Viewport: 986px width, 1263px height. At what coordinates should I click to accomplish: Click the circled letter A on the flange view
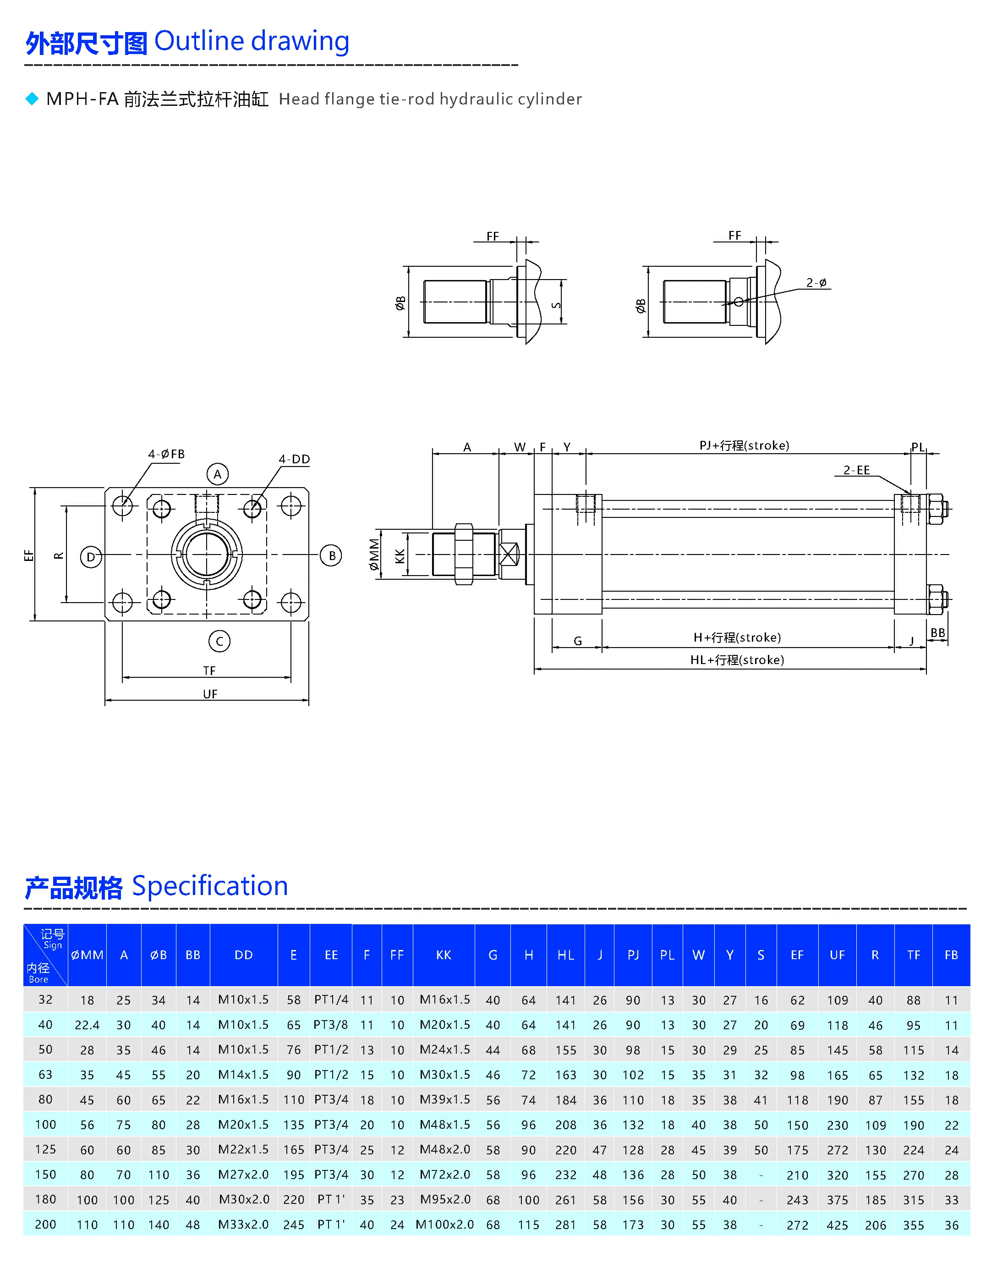[x=218, y=474]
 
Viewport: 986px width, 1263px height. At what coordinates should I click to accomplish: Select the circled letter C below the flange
[x=219, y=641]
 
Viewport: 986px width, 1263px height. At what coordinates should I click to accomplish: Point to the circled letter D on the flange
[x=91, y=557]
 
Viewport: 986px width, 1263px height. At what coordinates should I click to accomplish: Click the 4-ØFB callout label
[x=167, y=454]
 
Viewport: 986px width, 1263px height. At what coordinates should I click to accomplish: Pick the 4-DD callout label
[x=294, y=459]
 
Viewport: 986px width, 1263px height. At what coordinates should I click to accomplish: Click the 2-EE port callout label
[x=856, y=470]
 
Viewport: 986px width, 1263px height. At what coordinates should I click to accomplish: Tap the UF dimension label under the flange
[x=210, y=694]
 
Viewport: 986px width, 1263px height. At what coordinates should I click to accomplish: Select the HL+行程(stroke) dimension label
[x=737, y=660]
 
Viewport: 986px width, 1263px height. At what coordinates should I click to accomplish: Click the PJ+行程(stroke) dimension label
[x=744, y=445]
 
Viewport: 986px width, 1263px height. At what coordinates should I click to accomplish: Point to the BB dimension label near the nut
[x=937, y=633]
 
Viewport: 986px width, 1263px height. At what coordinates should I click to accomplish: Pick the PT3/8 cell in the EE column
[x=331, y=1025]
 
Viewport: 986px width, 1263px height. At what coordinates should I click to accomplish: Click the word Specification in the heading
[x=210, y=886]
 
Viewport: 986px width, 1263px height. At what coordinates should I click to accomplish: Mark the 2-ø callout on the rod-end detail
[x=816, y=282]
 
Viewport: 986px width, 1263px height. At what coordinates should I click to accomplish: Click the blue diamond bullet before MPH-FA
[x=33, y=99]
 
